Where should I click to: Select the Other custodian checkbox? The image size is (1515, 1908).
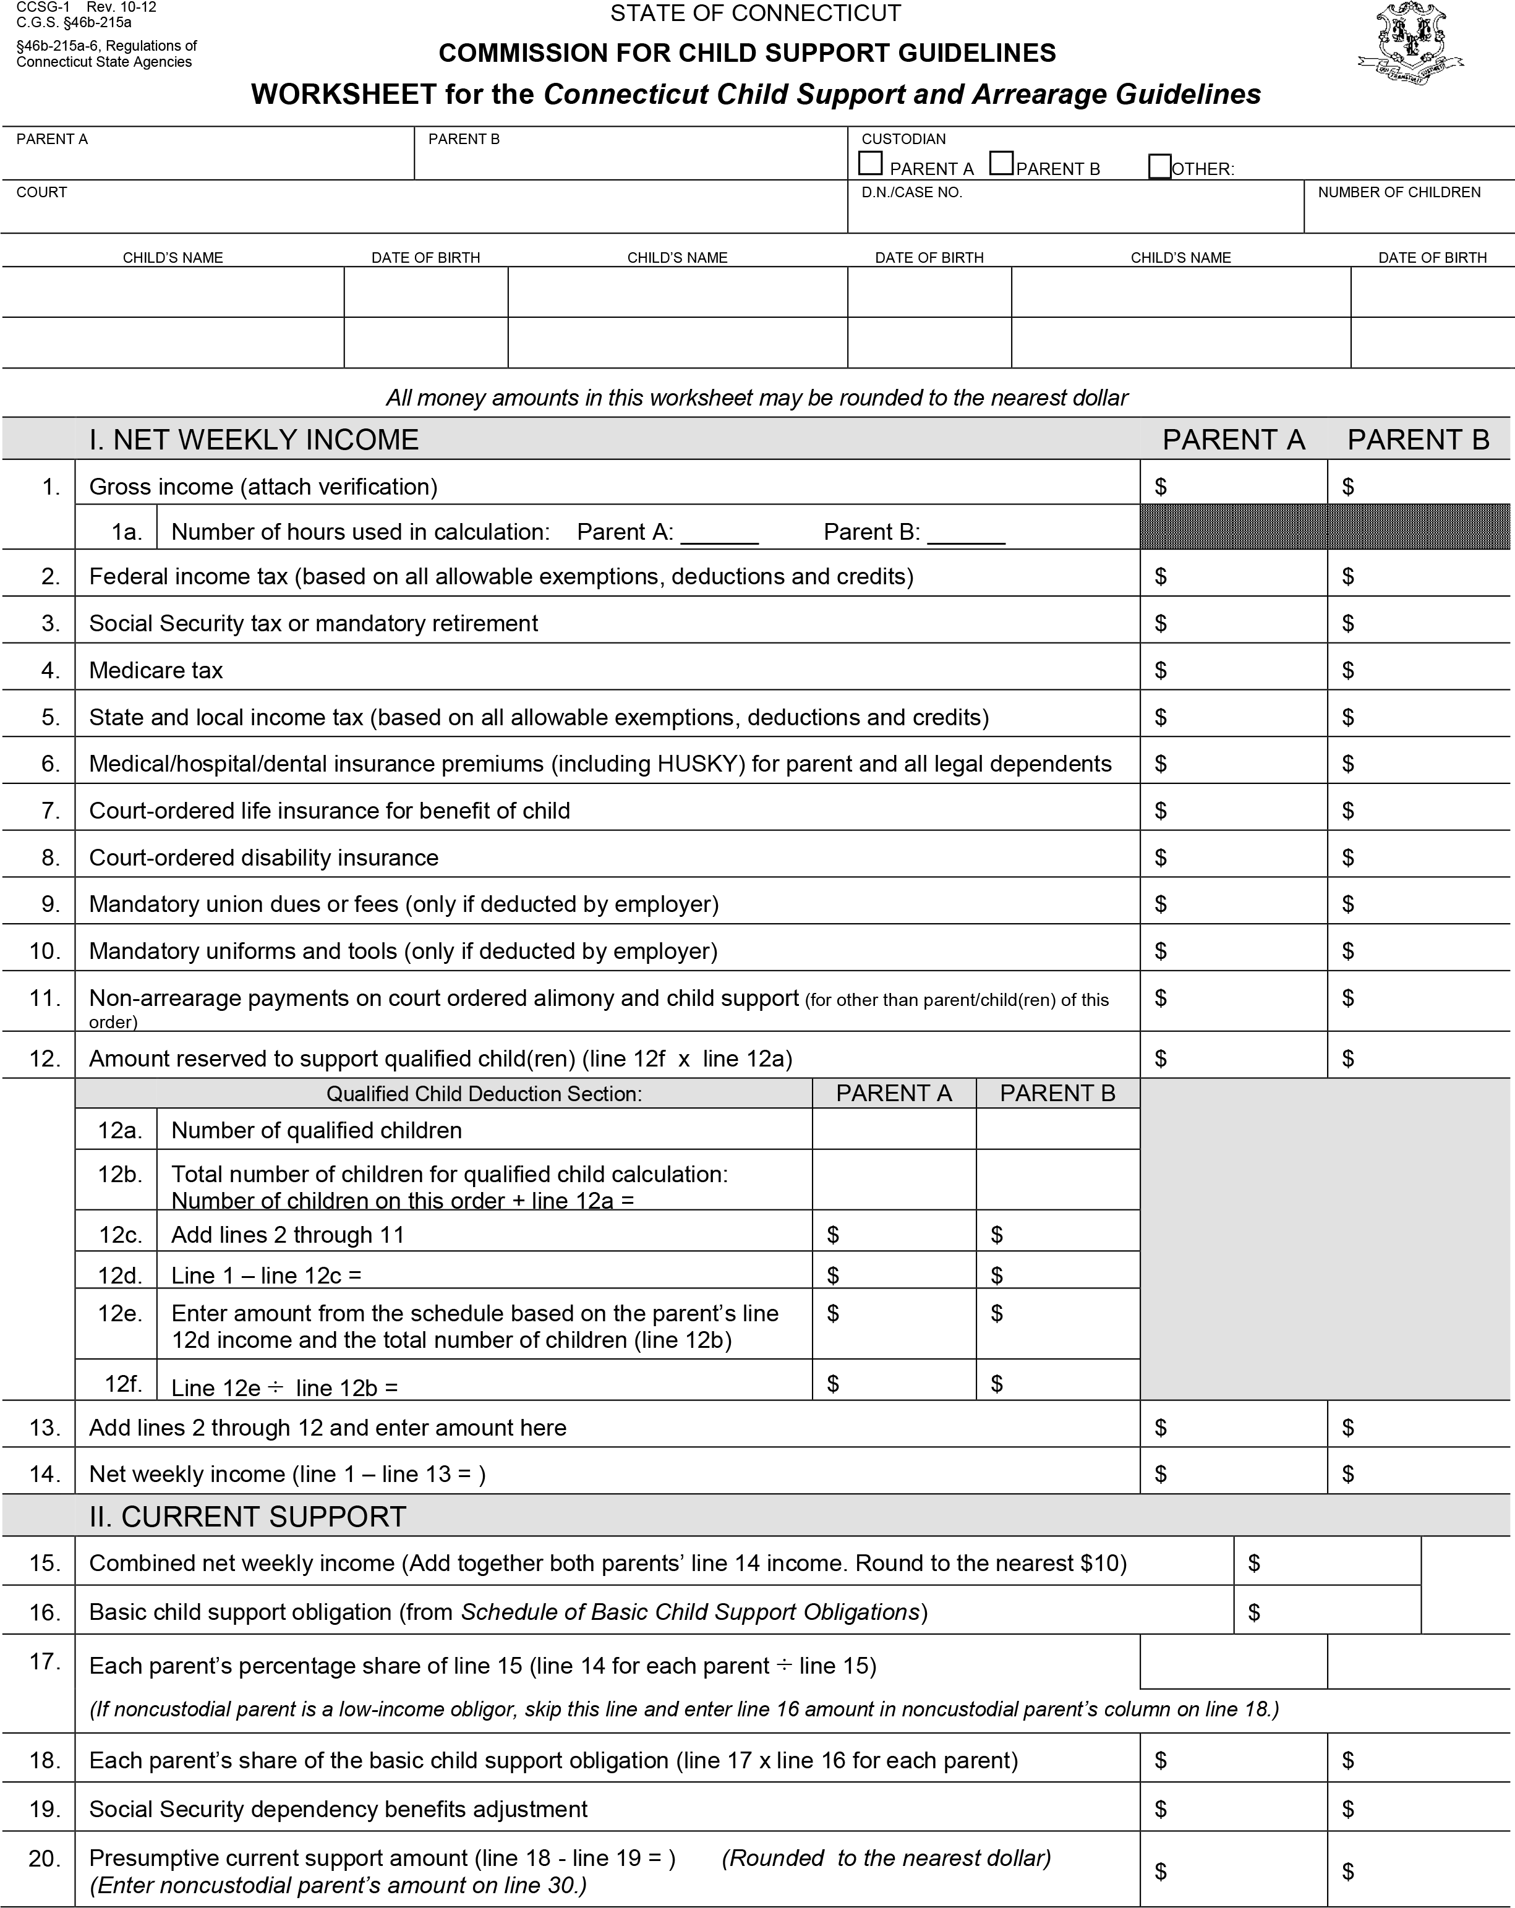pyautogui.click(x=1159, y=166)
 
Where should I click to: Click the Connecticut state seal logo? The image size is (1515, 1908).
pyautogui.click(x=1410, y=45)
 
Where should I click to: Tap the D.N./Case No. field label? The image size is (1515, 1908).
pyautogui.click(x=911, y=193)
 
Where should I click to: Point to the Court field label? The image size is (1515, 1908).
pyautogui.click(x=41, y=193)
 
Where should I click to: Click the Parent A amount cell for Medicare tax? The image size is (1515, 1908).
pyautogui.click(x=1234, y=670)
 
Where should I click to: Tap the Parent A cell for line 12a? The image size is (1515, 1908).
pyautogui.click(x=894, y=1130)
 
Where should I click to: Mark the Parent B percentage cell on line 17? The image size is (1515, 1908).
pyautogui.click(x=1419, y=1661)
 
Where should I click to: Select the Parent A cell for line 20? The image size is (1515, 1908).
pyautogui.click(x=1234, y=1871)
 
